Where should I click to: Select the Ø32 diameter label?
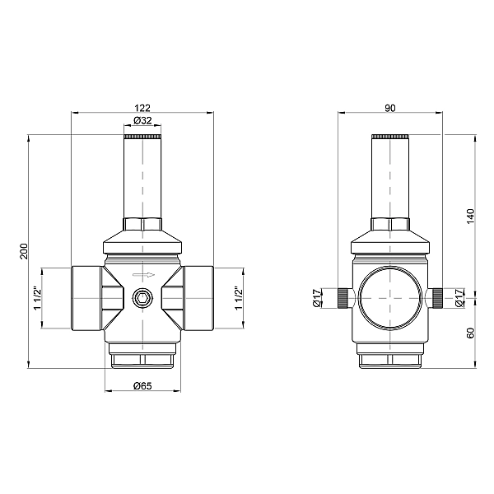143,121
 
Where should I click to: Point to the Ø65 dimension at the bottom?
143,385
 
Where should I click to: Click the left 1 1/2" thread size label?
36,297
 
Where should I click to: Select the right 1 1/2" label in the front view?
239,297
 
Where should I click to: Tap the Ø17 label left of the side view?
317,299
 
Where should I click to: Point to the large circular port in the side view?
390,296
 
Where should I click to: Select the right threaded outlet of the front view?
199,297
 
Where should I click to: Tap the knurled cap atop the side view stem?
390,136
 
